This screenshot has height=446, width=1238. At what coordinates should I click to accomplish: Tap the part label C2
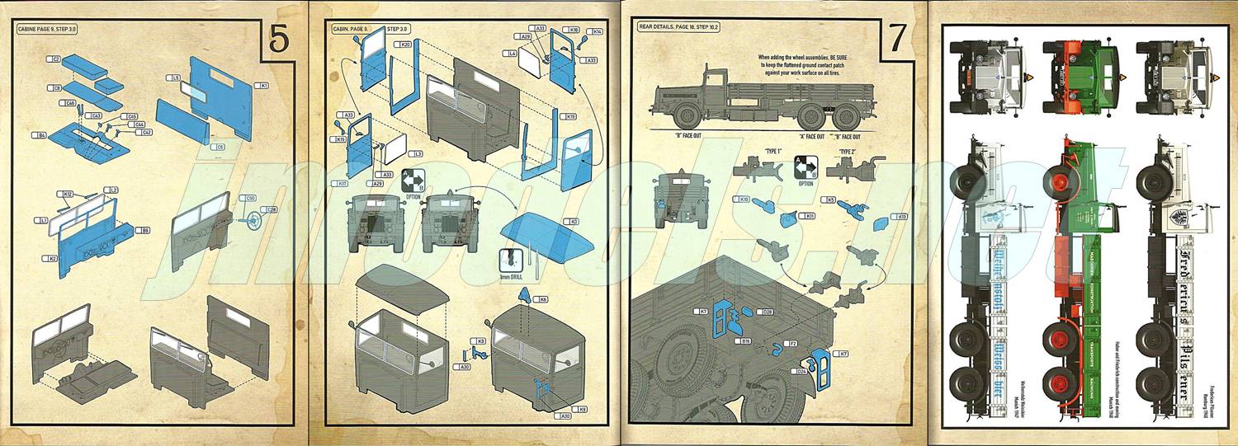click(57, 59)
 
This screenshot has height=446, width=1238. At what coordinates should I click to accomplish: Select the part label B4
click(39, 134)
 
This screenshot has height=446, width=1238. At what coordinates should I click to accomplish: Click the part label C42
click(147, 132)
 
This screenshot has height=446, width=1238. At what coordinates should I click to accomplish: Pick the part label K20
click(405, 44)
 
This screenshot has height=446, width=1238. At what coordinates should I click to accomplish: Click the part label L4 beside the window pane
click(512, 54)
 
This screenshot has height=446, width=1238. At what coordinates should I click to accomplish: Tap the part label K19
click(571, 117)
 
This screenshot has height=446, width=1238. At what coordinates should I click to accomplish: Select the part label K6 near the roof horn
click(543, 298)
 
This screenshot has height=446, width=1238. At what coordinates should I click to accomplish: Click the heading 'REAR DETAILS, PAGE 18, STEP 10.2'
click(679, 27)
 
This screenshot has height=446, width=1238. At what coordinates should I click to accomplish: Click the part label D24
click(801, 371)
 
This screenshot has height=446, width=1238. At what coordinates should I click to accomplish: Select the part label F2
click(793, 342)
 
